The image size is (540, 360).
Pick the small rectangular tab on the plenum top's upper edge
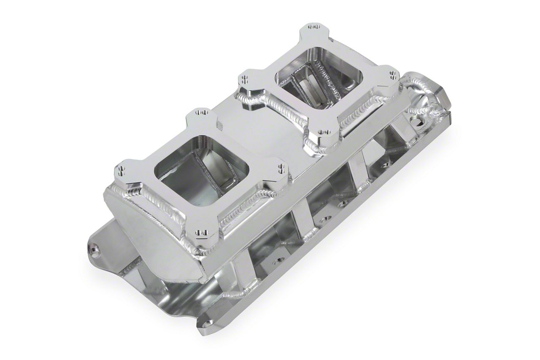(219, 125)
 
